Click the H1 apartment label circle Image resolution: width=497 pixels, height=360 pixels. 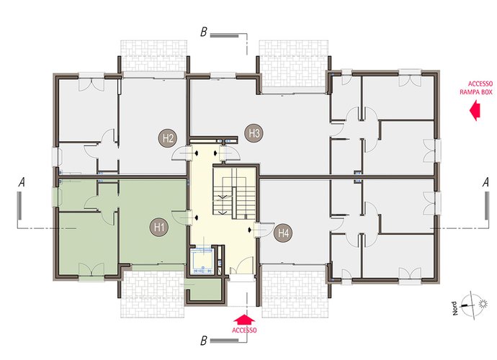[159, 228]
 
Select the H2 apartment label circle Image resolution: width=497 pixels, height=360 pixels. [168, 138]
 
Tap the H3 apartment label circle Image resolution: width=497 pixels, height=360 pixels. [254, 133]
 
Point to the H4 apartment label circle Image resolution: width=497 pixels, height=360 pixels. [283, 233]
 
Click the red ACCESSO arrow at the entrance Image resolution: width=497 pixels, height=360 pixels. [244, 319]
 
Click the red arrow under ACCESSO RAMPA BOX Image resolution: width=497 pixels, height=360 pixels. [475, 110]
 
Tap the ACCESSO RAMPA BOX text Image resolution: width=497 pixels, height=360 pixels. [476, 88]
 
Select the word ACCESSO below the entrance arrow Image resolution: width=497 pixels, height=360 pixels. [244, 330]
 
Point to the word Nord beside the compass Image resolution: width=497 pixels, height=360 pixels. [455, 308]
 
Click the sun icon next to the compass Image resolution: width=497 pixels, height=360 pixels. [483, 304]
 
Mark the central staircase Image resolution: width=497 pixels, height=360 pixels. [234, 193]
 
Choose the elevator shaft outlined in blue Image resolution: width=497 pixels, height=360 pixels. [202, 260]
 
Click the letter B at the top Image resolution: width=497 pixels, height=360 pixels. [204, 32]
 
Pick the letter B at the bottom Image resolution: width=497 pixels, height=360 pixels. [204, 341]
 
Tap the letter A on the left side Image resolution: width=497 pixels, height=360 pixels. [22, 183]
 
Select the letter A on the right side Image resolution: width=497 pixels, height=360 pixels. [485, 183]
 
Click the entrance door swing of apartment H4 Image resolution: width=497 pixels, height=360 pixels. [264, 230]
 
